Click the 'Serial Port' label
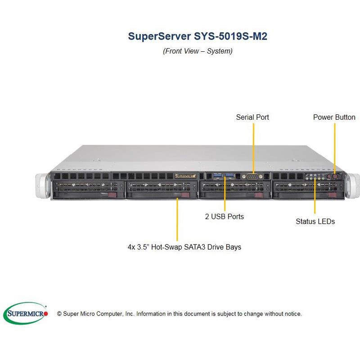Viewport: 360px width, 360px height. pyautogui.click(x=252, y=117)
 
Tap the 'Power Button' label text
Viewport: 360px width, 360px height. pyautogui.click(x=334, y=117)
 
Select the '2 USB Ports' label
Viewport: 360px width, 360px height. pyautogui.click(x=224, y=216)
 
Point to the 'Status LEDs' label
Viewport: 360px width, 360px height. pyautogui.click(x=315, y=221)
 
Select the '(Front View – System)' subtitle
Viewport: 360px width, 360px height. pyautogui.click(x=198, y=51)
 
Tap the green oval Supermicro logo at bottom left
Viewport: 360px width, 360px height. pyautogui.click(x=27, y=313)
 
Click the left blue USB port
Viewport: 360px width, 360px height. pyautogui.click(x=218, y=175)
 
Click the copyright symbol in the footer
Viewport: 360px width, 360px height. pyautogui.click(x=59, y=314)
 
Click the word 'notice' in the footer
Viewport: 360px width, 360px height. pyautogui.click(x=291, y=314)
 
